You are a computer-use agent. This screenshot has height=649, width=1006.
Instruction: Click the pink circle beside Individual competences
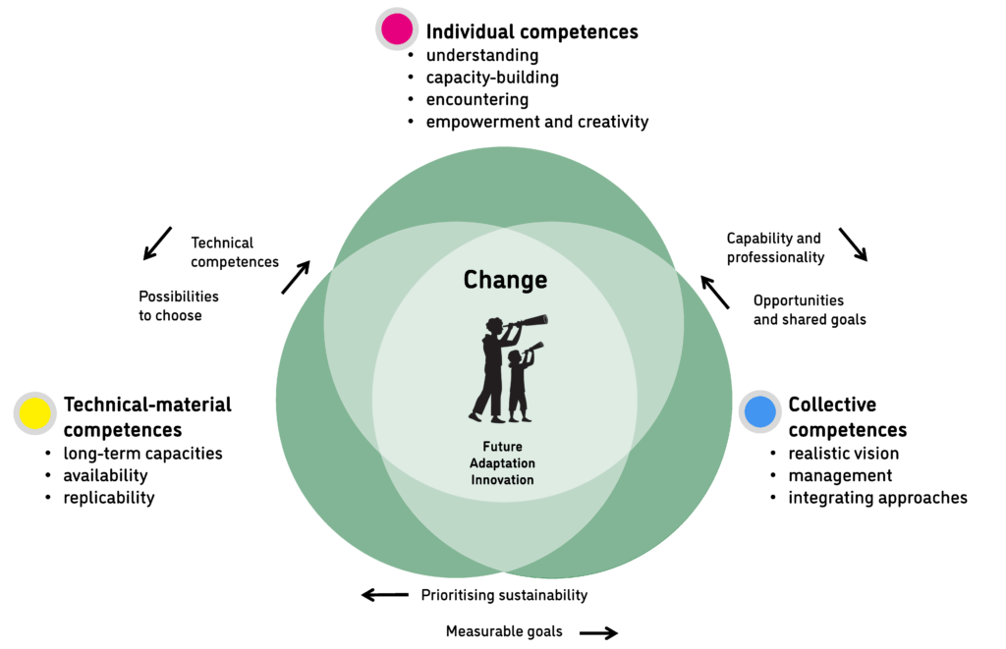pyautogui.click(x=397, y=29)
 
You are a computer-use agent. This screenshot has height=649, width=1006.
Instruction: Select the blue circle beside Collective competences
pyautogui.click(x=760, y=411)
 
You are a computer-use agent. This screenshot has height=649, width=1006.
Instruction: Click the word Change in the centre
pyautogui.click(x=505, y=281)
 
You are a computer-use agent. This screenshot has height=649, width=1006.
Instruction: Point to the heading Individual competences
pyautogui.click(x=531, y=31)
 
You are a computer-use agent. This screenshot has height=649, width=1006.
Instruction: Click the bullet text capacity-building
pyautogui.click(x=492, y=78)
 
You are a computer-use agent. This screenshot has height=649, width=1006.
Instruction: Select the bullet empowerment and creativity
pyautogui.click(x=536, y=122)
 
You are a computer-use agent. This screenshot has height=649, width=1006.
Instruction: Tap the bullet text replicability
pyautogui.click(x=109, y=498)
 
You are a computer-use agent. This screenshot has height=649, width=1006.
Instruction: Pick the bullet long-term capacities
pyautogui.click(x=142, y=454)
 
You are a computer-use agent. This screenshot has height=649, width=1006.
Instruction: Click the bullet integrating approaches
pyautogui.click(x=877, y=498)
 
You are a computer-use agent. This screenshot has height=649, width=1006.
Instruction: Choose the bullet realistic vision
pyautogui.click(x=843, y=454)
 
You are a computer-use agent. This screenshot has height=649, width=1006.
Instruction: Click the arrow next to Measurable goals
pyautogui.click(x=598, y=633)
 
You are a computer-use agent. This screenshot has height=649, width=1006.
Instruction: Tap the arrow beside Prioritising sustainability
pyautogui.click(x=385, y=595)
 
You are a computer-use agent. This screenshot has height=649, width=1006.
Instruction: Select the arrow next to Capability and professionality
pyautogui.click(x=853, y=244)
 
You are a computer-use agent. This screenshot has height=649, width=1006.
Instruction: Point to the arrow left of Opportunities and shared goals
pyautogui.click(x=715, y=292)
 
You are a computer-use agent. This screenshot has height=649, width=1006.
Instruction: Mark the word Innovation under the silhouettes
pyautogui.click(x=501, y=480)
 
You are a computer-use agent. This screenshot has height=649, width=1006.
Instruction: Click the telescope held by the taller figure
pyautogui.click(x=529, y=322)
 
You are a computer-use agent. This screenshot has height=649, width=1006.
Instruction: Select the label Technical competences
pyautogui.click(x=235, y=252)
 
